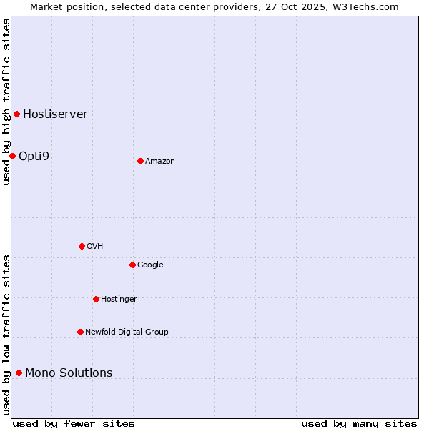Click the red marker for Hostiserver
[16, 114]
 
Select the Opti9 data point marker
[12, 156]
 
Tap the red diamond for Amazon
[140, 161]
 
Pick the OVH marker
[82, 246]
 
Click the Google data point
[132, 265]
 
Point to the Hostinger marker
[96, 299]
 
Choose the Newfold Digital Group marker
[80, 332]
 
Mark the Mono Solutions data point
[19, 373]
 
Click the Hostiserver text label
[55, 114]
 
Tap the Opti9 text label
[34, 156]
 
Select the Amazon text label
[159, 161]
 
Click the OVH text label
[94, 246]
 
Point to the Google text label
[150, 265]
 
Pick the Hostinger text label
[119, 299]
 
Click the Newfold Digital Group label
[127, 332]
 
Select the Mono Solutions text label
[69, 373]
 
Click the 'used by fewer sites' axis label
[74, 423]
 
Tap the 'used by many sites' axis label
[359, 423]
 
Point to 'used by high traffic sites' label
[6, 102]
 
